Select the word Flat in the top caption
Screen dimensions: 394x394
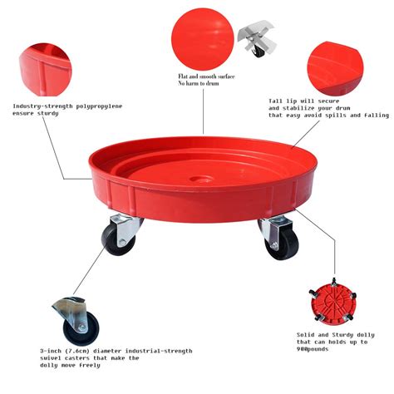click(x=184, y=76)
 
